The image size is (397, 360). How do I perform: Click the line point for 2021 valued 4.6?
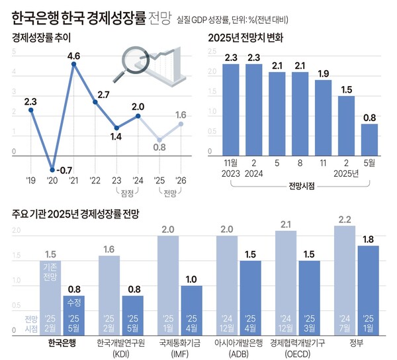pos(73,64)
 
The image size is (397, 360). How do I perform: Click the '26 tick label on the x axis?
pos(180,180)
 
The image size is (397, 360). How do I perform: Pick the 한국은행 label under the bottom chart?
pos(64,343)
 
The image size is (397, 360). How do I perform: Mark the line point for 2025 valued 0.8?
pos(158,140)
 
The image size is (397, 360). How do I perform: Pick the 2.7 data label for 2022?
pos(103,95)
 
